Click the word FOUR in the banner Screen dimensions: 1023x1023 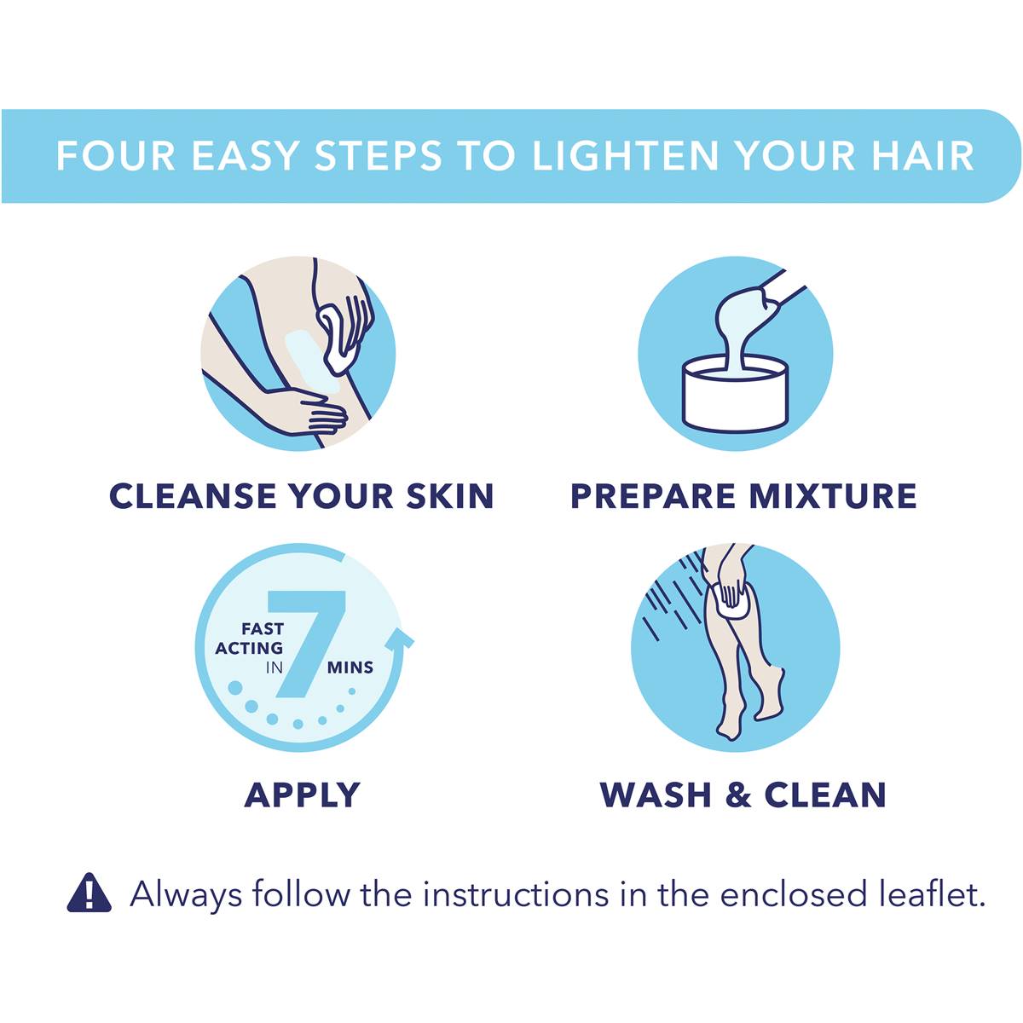tap(115, 155)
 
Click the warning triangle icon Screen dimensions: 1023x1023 tap(89, 893)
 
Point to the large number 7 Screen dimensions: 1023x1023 tap(306, 643)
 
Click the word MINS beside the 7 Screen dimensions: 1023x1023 tap(350, 668)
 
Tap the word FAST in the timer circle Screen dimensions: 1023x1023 tap(263, 629)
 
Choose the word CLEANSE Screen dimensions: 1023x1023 tap(194, 496)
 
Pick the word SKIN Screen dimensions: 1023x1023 tap(450, 496)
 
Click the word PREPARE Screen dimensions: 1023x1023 tap(653, 496)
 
